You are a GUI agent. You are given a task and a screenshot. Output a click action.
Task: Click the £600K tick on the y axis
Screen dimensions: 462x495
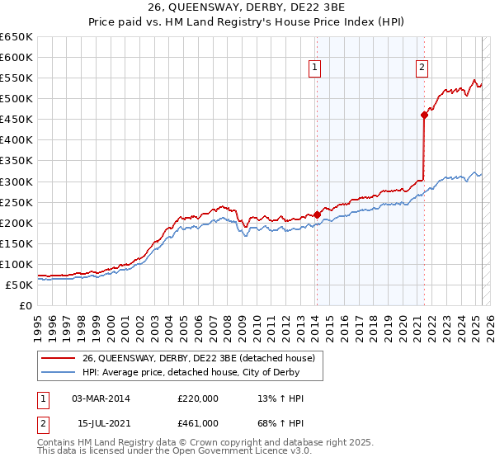click(17, 58)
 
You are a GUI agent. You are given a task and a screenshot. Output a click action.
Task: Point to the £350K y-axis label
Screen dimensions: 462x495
click(17, 161)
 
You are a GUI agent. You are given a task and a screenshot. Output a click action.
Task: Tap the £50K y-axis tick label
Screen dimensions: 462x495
click(21, 285)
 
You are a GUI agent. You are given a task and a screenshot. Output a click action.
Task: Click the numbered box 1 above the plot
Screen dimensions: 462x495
click(316, 68)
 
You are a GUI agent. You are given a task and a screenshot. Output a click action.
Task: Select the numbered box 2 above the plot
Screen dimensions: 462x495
click(422, 68)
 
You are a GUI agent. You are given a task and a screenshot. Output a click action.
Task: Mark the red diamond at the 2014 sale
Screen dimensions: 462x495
click(317, 214)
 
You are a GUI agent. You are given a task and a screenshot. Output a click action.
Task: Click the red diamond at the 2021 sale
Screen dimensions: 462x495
click(424, 115)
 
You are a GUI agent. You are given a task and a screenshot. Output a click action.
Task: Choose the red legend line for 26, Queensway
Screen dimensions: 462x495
click(59, 358)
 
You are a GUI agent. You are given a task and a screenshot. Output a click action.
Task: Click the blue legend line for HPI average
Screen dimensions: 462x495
click(59, 372)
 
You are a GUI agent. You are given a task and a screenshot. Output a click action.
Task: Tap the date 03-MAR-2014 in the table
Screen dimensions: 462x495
click(101, 398)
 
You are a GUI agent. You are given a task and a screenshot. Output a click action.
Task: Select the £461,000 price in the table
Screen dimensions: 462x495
click(197, 423)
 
